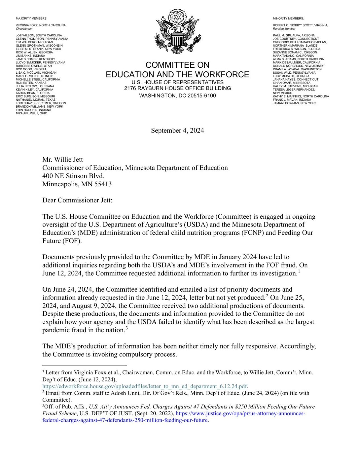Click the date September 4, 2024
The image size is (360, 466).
(x=177, y=131)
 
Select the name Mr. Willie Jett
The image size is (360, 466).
(x=63, y=160)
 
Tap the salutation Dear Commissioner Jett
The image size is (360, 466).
(x=77, y=200)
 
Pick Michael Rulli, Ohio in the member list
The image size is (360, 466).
(x=32, y=113)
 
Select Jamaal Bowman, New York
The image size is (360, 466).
(x=295, y=103)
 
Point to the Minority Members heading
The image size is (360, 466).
(x=288, y=18)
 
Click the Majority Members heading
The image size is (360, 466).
(x=32, y=18)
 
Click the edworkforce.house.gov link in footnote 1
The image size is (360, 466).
(x=145, y=386)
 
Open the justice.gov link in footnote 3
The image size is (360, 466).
(x=240, y=413)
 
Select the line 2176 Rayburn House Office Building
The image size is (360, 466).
(x=177, y=88)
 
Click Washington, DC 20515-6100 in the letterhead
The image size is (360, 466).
(x=177, y=96)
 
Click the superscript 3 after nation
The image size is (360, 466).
(x=127, y=329)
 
